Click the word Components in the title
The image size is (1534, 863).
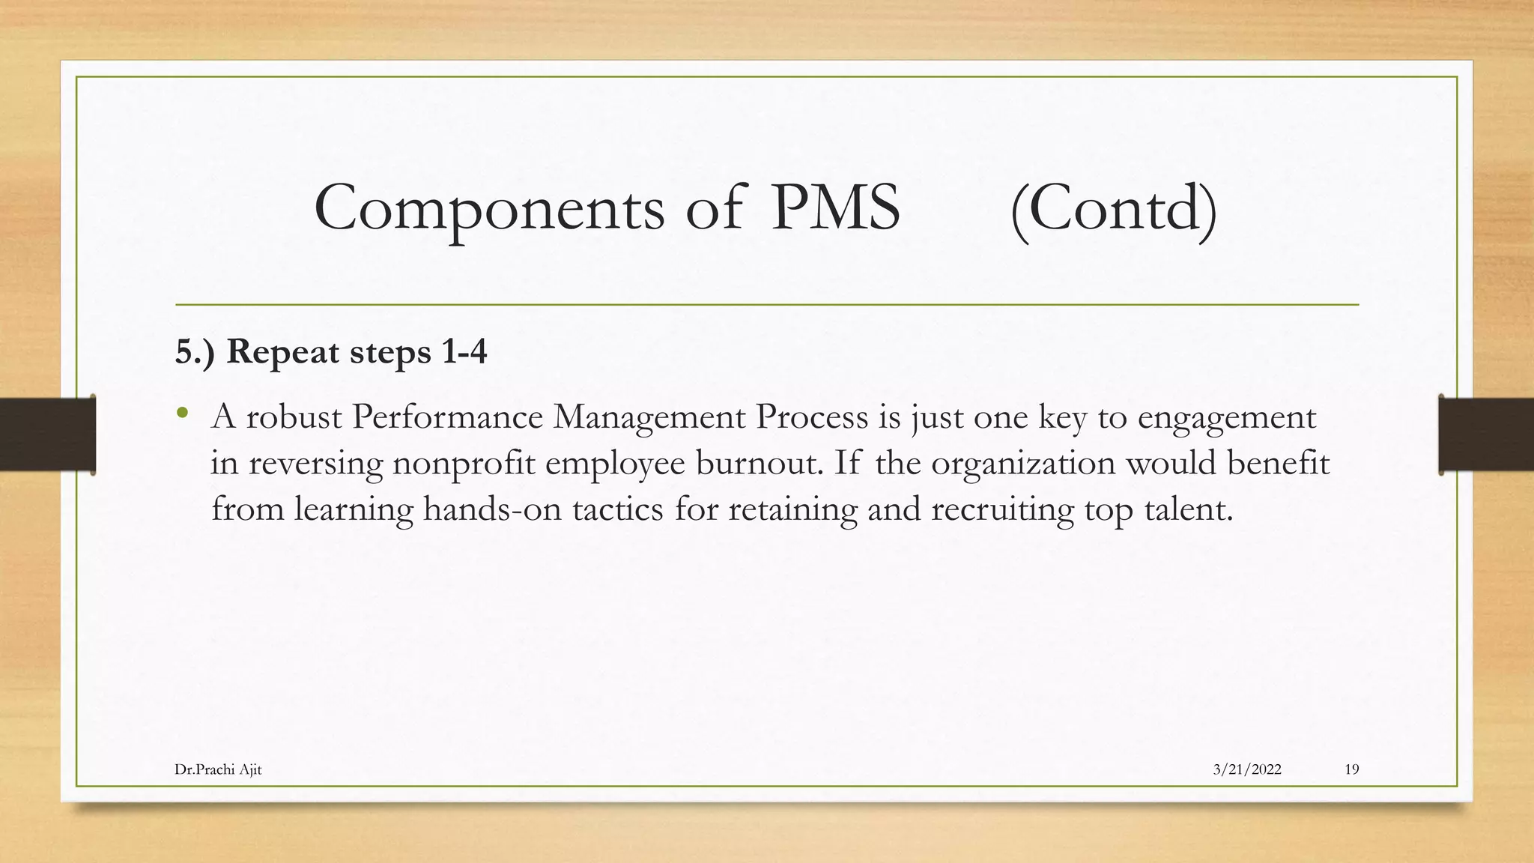pyautogui.click(x=489, y=209)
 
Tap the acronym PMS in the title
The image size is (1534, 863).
pyautogui.click(x=835, y=208)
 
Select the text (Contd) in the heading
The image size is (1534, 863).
pyautogui.click(x=1113, y=209)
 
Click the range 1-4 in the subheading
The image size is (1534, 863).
pyautogui.click(x=464, y=351)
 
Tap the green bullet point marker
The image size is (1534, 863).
pyautogui.click(x=183, y=413)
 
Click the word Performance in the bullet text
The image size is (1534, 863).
pyautogui.click(x=447, y=417)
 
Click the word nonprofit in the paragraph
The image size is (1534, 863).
pyautogui.click(x=464, y=464)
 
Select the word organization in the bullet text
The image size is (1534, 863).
pyautogui.click(x=1023, y=464)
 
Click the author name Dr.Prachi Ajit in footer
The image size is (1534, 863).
pyautogui.click(x=218, y=769)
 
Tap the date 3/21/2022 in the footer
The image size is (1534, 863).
pyautogui.click(x=1247, y=769)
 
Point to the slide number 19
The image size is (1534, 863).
pyautogui.click(x=1352, y=769)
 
